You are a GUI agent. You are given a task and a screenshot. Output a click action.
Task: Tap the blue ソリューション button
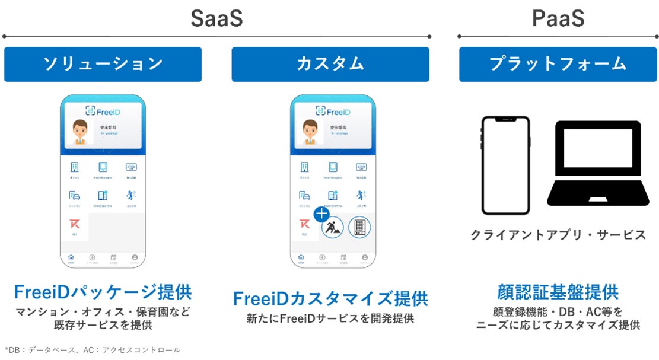(103, 64)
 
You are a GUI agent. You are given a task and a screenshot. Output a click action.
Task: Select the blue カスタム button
(330, 64)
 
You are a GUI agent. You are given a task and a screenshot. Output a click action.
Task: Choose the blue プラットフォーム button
(558, 64)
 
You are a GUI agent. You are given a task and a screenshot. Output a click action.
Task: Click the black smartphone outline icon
(505, 165)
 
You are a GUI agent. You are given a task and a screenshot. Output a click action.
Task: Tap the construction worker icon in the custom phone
(332, 227)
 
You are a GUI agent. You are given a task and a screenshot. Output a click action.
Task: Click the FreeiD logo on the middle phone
(331, 111)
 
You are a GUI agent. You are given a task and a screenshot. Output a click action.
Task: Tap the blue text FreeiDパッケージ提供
(103, 292)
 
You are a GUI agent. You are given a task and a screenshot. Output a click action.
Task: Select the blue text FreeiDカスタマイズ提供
(330, 298)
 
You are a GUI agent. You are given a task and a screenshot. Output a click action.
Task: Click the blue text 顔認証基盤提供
(558, 292)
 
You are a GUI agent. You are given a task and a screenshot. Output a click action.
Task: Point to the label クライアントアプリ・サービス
(558, 235)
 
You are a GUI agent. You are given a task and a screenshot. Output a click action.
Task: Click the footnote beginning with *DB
(93, 350)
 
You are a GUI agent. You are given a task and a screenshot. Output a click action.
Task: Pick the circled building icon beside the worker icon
(359, 227)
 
